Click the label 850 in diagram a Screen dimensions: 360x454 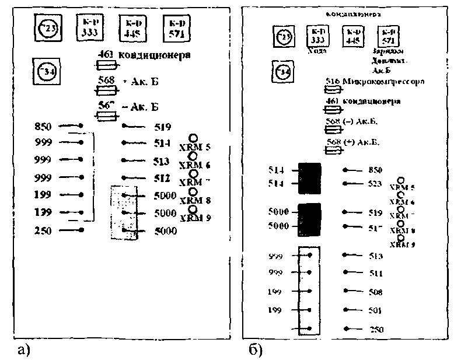(43, 126)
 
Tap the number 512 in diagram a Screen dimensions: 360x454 (163, 178)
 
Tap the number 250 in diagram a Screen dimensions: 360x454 (43, 231)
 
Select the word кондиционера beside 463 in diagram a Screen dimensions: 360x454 (155, 56)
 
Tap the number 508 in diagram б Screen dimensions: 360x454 (376, 292)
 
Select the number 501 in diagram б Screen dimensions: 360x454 (376, 310)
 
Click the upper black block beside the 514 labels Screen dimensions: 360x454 (310, 177)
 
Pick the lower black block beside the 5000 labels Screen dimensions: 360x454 (310, 219)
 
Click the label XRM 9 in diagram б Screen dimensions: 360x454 (402, 244)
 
